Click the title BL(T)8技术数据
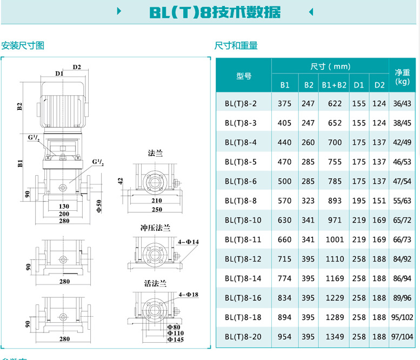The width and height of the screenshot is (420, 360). (215, 12)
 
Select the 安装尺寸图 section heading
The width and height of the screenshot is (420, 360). (23, 45)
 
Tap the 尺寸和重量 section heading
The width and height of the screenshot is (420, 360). (236, 45)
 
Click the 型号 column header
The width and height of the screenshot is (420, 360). (244, 76)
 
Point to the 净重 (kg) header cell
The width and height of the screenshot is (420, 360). (402, 76)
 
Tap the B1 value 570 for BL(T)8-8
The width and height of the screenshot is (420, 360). (285, 201)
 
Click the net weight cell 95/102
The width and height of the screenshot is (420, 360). (402, 317)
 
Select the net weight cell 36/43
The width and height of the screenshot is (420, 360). (402, 103)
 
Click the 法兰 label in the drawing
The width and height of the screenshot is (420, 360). (156, 153)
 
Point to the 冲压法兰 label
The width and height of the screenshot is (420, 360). (156, 228)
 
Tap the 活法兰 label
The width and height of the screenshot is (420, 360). (156, 283)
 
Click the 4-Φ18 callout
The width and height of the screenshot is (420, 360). (189, 294)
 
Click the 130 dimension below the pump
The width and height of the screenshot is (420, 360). (64, 206)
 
